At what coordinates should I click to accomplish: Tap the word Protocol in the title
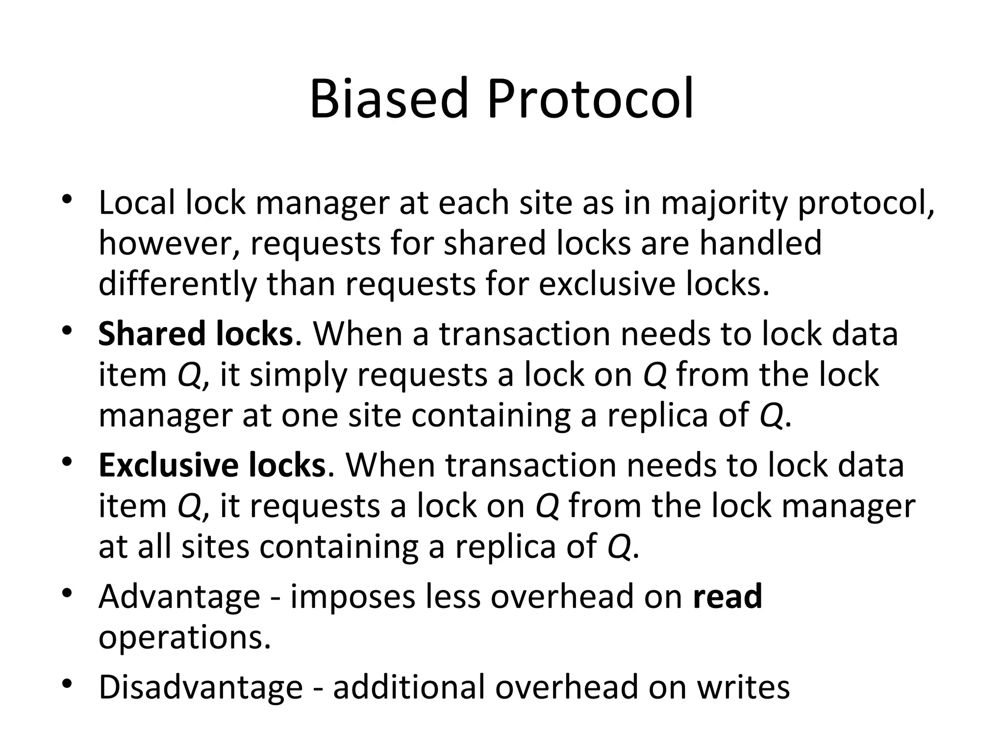(x=590, y=99)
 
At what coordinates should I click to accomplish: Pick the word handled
(x=760, y=244)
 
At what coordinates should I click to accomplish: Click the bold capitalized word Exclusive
(x=168, y=465)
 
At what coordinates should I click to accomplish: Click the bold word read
(x=728, y=597)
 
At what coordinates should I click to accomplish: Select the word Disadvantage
(x=201, y=687)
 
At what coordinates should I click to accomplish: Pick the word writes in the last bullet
(x=744, y=687)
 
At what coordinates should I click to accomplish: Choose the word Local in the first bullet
(x=136, y=203)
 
